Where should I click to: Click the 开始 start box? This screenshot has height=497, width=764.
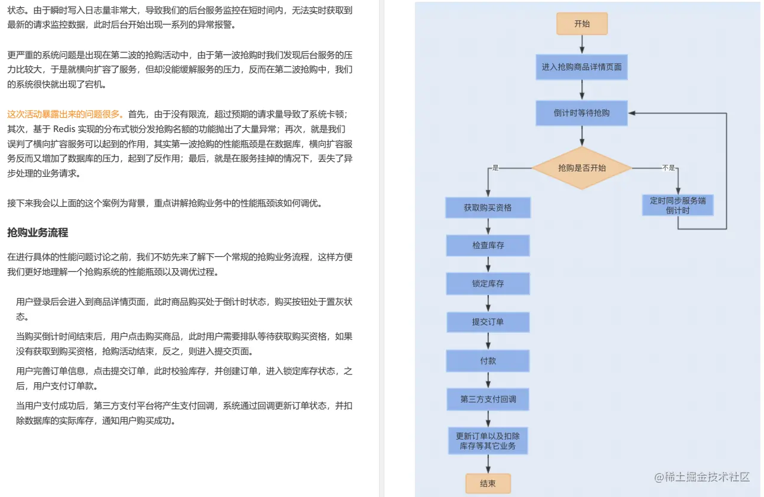582,24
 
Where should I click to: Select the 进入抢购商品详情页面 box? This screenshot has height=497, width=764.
582,67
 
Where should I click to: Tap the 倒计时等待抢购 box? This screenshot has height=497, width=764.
582,113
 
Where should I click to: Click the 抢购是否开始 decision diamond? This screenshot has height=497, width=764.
582,168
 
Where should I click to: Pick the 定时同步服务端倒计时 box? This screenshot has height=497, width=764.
678,205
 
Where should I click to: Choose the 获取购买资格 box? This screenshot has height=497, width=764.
488,208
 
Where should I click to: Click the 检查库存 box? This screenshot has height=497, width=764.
488,246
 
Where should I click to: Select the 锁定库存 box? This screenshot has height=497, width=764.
488,284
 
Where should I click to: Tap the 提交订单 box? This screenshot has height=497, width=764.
488,322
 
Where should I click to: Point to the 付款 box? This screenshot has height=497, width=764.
488,361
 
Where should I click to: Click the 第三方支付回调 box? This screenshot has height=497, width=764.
488,399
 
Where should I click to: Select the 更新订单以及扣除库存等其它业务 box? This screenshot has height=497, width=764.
488,441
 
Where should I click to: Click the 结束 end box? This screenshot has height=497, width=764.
488,483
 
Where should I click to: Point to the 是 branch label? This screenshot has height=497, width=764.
495,168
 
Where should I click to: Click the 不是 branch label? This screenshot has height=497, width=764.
668,168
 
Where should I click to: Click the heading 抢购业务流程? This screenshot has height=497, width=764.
38,232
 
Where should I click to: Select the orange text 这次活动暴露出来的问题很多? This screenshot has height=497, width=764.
65,114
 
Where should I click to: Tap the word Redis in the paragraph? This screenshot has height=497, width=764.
64,129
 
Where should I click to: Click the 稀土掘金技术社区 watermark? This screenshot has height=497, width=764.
701,477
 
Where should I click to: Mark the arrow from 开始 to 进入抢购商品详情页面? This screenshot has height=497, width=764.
582,45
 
